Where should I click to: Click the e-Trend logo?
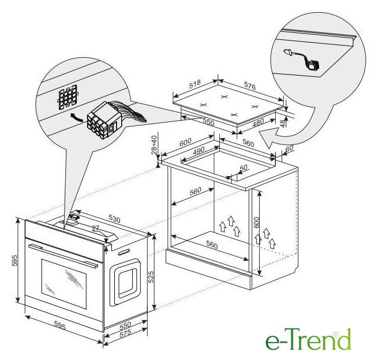(x=308, y=339)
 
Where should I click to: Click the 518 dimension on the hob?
(x=195, y=84)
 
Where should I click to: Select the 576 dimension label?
(x=250, y=86)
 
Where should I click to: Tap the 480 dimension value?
(x=258, y=123)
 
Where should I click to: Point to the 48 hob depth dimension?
(x=283, y=123)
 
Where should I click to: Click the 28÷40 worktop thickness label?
(x=154, y=145)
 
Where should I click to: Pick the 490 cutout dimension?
(x=199, y=151)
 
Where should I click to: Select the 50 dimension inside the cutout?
(x=244, y=168)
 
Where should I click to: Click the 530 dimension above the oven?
(x=114, y=219)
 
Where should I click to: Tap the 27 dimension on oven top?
(x=95, y=228)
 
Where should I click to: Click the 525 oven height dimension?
(x=151, y=277)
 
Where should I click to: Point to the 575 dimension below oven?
(x=125, y=333)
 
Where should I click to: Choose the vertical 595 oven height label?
(x=15, y=261)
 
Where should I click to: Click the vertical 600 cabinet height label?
(x=256, y=222)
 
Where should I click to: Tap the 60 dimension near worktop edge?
(x=289, y=149)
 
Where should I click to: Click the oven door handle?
(x=63, y=255)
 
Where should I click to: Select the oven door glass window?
(x=64, y=284)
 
